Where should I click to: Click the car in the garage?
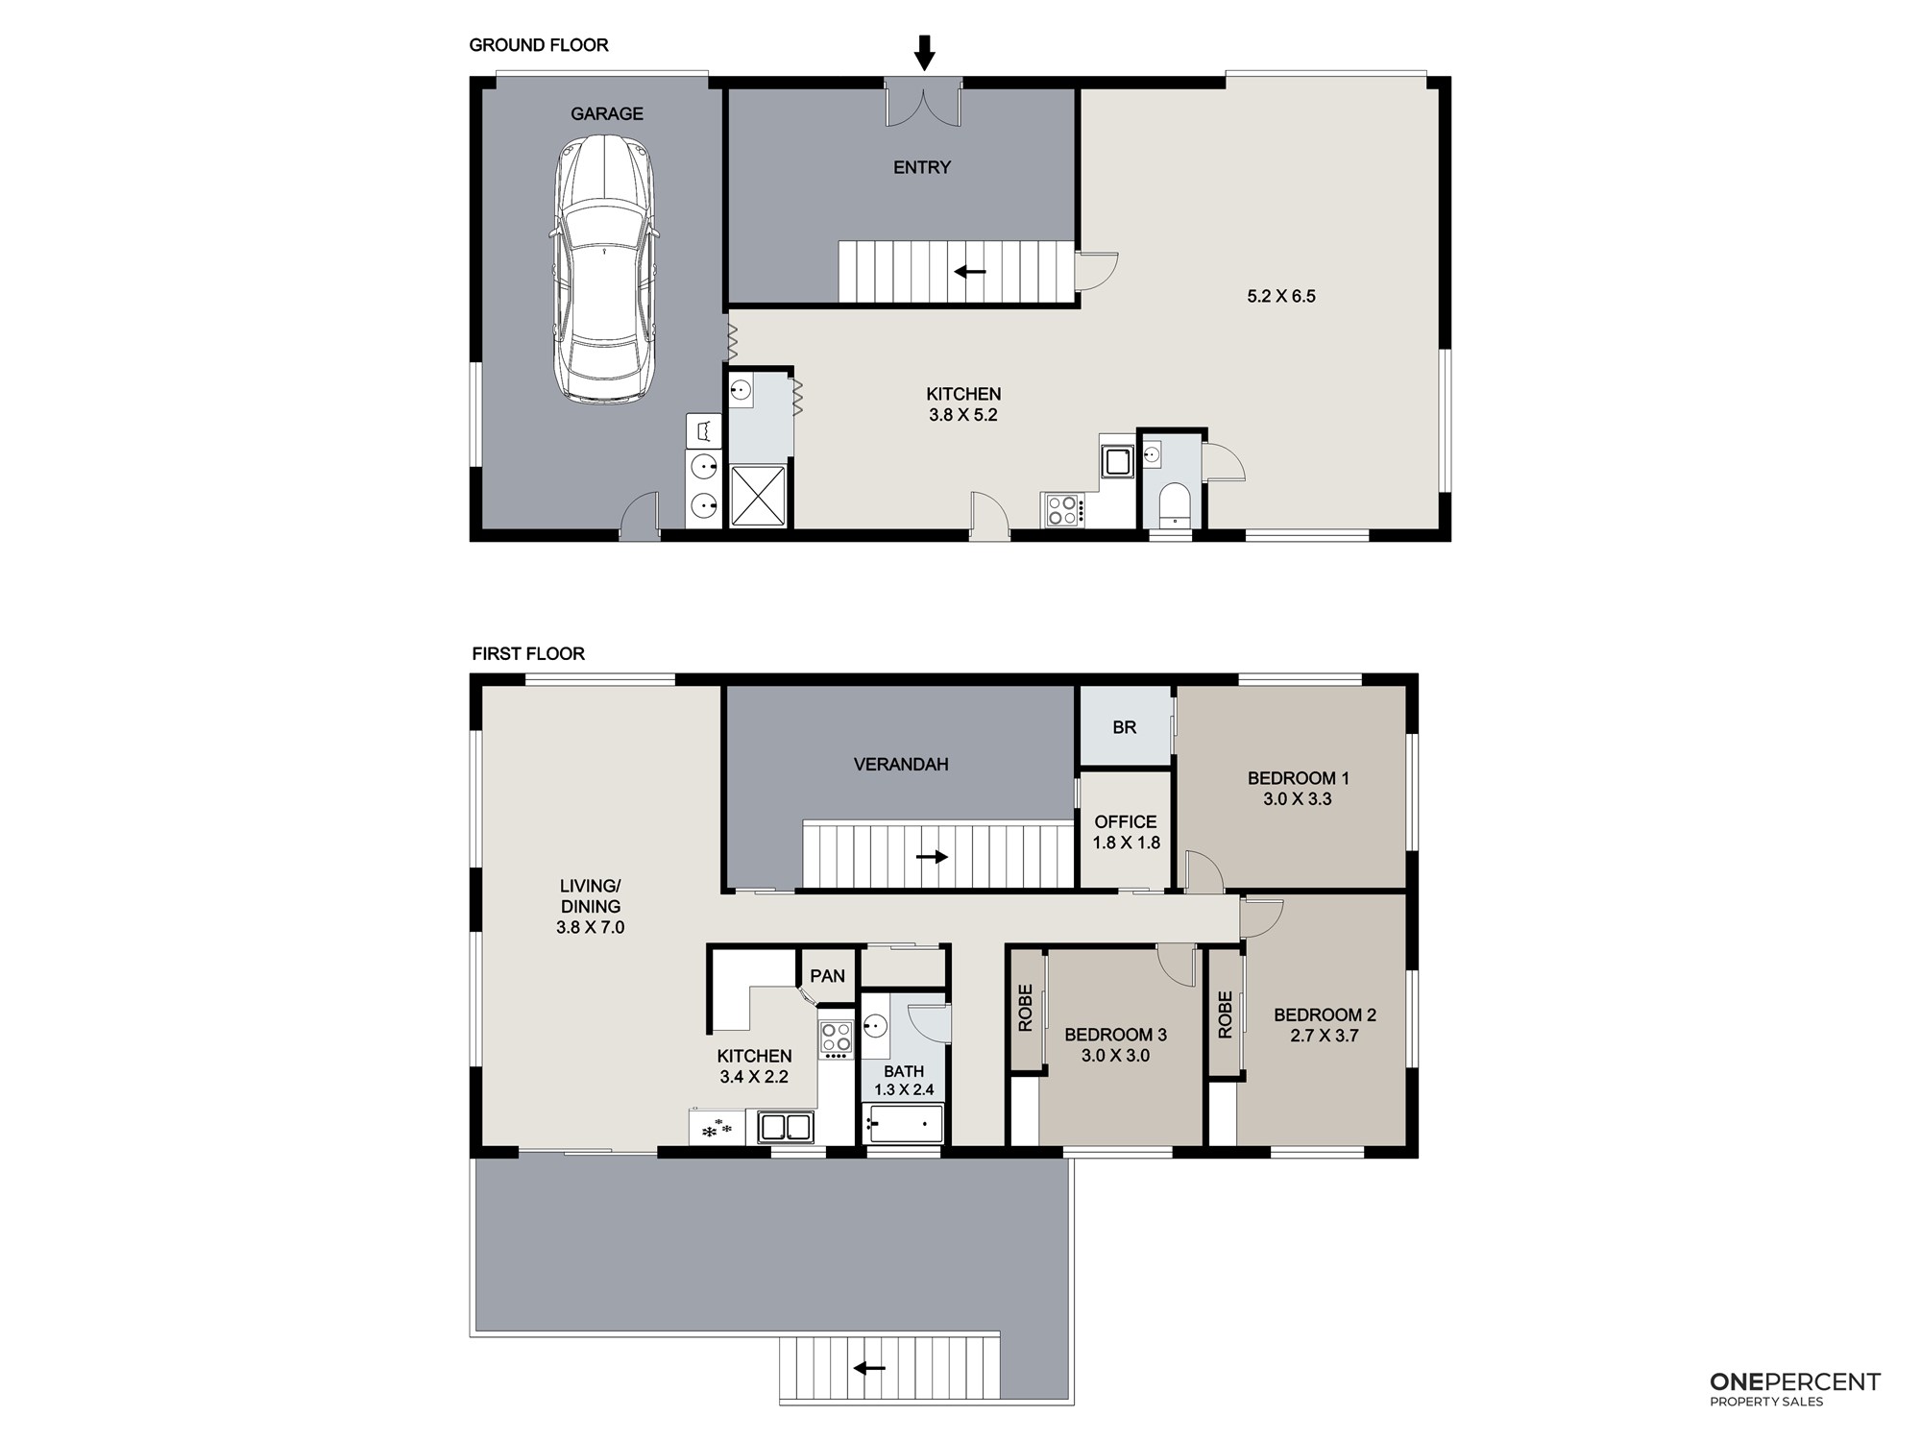point(605,269)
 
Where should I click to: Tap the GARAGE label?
point(607,113)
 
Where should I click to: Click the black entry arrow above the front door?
point(924,53)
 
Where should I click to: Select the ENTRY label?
point(922,167)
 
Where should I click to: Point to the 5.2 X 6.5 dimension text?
point(1281,296)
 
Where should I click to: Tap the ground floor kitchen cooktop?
point(1063,509)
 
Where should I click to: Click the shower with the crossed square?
point(758,496)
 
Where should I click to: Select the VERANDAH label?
point(901,765)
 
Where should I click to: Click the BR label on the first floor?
point(1125,727)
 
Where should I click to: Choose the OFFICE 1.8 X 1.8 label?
point(1126,832)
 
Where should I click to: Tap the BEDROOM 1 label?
point(1298,778)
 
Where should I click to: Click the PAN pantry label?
point(827,976)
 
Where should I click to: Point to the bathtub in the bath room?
point(906,1123)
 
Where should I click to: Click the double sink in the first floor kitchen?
point(786,1127)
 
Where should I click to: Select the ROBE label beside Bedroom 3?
point(1025,1008)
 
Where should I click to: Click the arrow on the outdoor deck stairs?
point(869,1368)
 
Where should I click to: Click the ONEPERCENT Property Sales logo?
point(1794,1389)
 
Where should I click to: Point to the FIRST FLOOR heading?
point(528,654)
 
